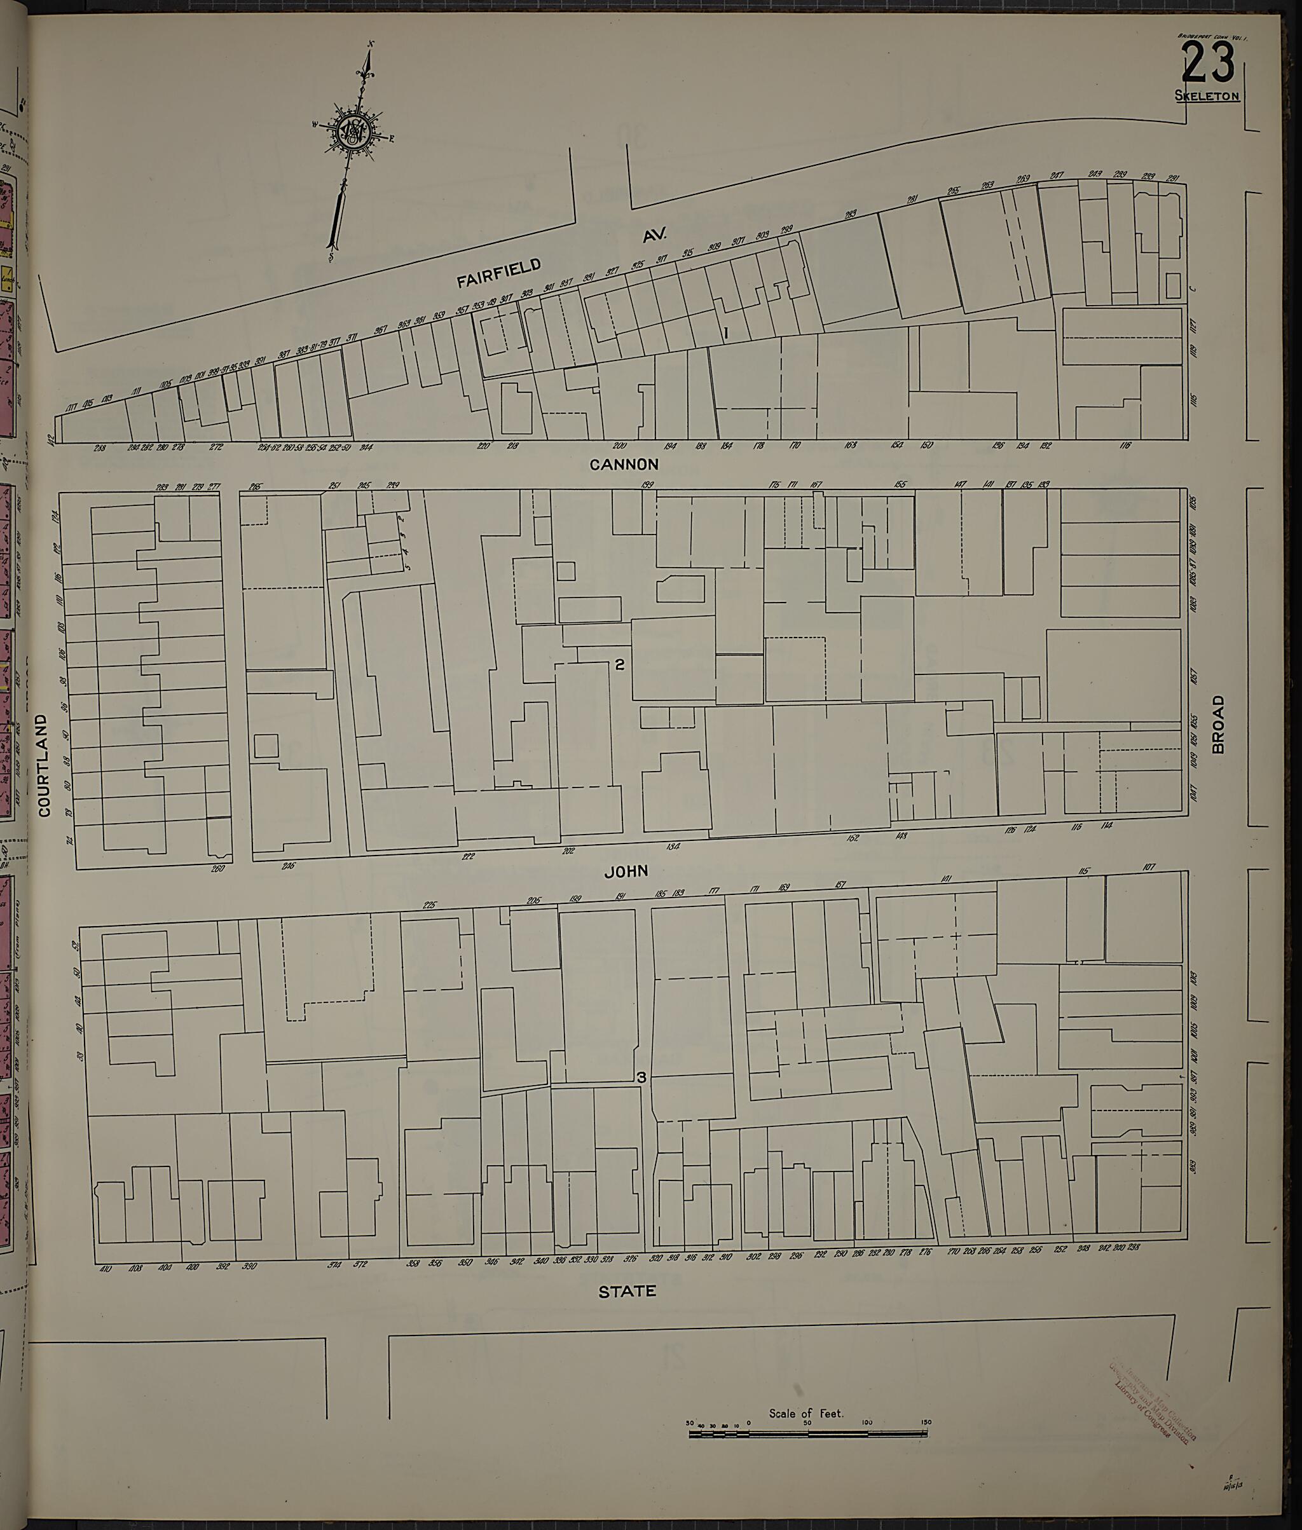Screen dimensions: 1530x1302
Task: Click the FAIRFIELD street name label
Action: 498,272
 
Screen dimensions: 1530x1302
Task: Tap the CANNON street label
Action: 624,464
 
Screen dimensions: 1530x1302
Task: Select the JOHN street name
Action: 626,871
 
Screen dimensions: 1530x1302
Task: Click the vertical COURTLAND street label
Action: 43,765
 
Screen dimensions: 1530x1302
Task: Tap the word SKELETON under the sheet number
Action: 1207,95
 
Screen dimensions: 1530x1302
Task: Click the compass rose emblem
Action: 353,132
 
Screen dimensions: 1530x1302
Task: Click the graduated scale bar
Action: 807,1434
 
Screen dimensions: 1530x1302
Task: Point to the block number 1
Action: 725,333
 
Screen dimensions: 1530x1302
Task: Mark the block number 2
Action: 620,664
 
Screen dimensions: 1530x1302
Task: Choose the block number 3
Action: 641,1077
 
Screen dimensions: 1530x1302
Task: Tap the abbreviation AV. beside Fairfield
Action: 655,235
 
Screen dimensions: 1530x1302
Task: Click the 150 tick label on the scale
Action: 926,1424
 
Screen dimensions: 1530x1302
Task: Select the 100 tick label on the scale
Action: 867,1424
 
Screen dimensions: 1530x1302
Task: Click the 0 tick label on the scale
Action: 748,1424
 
